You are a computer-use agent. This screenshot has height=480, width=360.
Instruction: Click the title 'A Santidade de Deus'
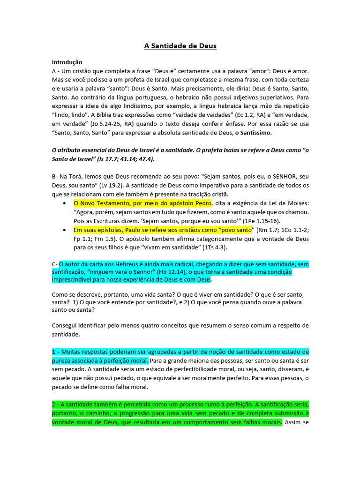point(180,46)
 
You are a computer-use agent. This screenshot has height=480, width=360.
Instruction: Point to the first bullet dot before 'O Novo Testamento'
point(64,203)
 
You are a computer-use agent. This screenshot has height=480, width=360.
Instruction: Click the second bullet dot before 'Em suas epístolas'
point(64,230)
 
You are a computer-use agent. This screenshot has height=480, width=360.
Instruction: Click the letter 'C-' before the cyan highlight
point(55,264)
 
